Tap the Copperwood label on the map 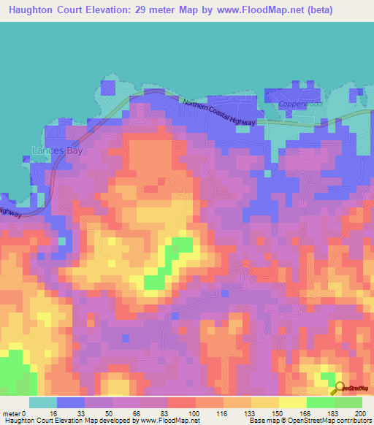(x=300, y=104)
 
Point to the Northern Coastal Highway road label (x=219, y=112)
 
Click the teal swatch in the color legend (x=42, y=402)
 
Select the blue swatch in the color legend (x=71, y=402)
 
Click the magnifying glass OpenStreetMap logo (x=339, y=388)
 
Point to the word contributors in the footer (x=351, y=421)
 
